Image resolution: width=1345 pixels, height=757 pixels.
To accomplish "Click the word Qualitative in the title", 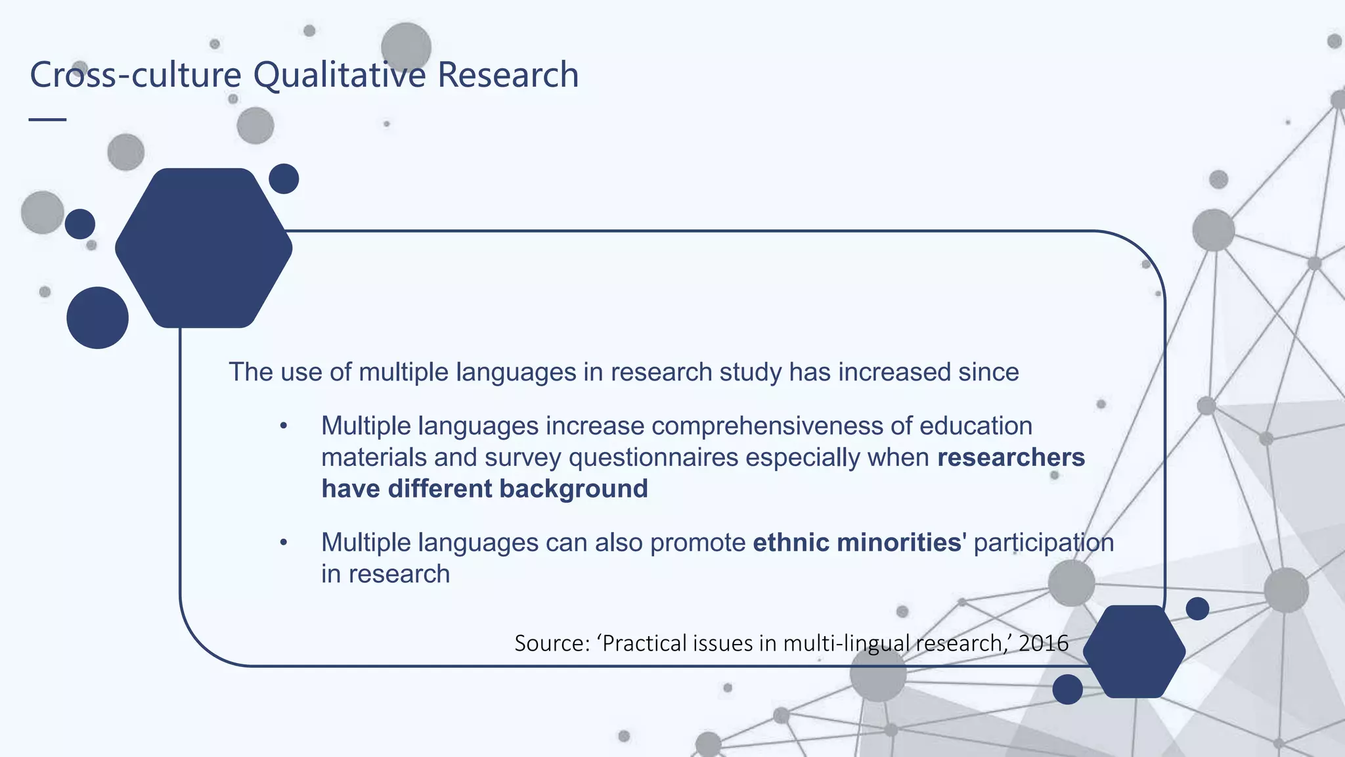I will (340, 75).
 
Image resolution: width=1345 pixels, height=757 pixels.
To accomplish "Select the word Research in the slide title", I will (508, 75).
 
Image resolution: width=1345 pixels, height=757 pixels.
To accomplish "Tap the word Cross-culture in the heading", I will (135, 75).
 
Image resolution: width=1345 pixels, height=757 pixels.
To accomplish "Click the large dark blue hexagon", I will (204, 248).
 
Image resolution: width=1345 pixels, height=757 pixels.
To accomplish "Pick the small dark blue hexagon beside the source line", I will (1134, 651).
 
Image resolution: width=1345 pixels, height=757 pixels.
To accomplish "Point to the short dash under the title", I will (48, 120).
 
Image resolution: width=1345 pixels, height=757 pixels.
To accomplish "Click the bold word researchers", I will (1011, 457).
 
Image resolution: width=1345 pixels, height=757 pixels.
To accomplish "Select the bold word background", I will (573, 489).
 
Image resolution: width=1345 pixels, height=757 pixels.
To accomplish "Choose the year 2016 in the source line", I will (1044, 643).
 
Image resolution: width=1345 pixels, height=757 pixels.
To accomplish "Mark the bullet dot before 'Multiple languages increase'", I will (284, 426).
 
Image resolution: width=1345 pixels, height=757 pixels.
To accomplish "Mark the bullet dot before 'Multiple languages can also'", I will (284, 543).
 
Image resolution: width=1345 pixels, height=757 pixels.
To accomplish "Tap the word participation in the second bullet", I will (1044, 543).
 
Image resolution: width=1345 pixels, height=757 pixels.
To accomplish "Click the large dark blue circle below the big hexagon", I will (97, 318).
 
